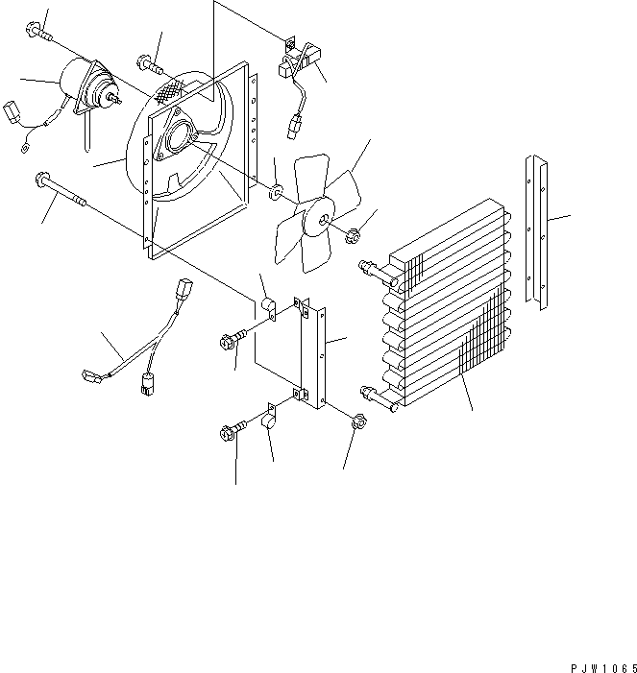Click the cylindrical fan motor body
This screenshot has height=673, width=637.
click(x=82, y=82)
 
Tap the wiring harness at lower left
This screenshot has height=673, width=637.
click(x=125, y=350)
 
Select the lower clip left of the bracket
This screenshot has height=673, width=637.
click(x=268, y=420)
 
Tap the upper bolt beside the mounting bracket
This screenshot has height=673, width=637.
click(x=234, y=338)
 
